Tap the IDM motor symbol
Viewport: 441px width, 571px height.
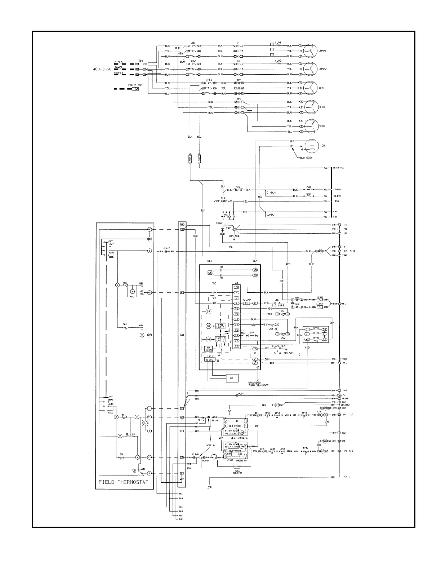(x=310, y=146)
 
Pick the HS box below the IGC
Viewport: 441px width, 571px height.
(x=232, y=378)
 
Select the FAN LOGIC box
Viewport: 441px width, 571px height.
(x=220, y=326)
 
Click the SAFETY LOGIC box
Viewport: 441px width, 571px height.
(x=220, y=339)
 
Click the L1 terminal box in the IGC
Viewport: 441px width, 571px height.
(x=210, y=273)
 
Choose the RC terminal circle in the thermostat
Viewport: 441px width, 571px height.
(x=150, y=229)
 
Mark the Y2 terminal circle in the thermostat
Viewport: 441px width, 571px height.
(x=150, y=457)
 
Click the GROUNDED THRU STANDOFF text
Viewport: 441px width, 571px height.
(x=258, y=384)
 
